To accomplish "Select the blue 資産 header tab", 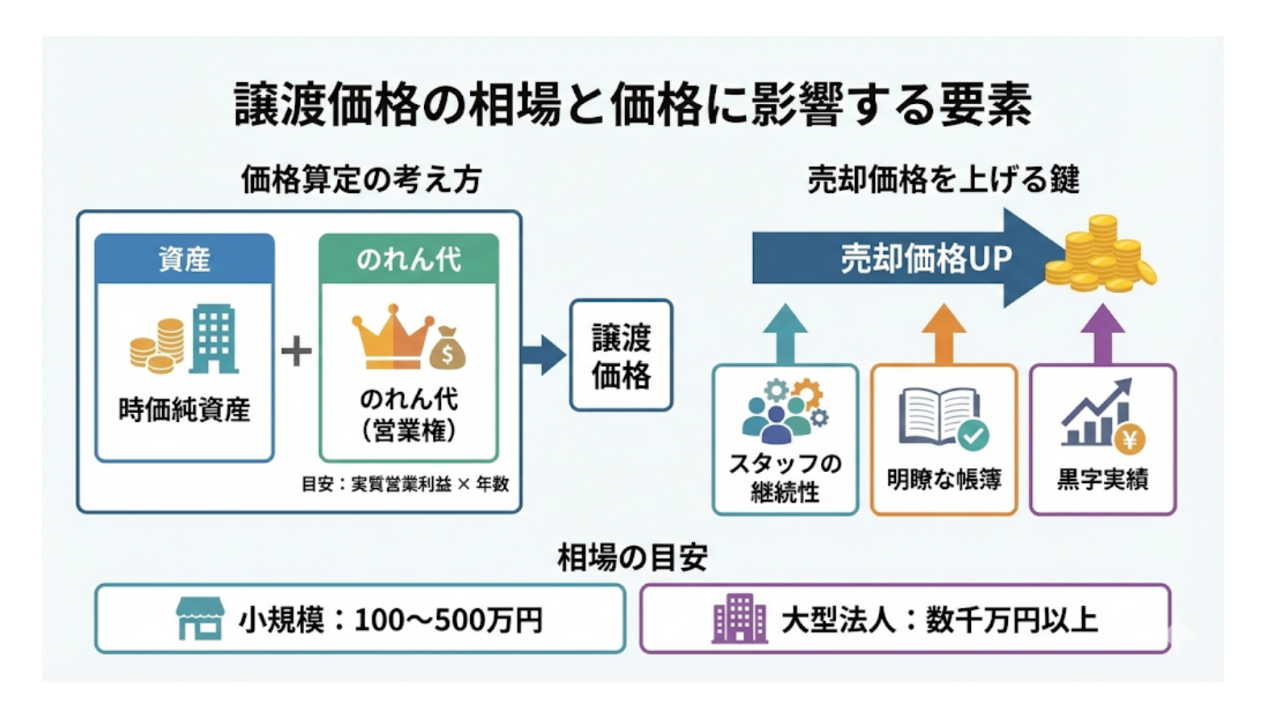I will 185,259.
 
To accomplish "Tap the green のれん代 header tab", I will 409,259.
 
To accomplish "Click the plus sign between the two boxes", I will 296,351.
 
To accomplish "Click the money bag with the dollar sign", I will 447,349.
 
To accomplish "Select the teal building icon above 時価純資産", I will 214,339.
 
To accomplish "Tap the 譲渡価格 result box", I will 621,356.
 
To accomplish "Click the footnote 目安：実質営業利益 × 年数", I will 405,484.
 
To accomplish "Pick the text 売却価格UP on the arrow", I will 926,258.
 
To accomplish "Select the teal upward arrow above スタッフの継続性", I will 785,333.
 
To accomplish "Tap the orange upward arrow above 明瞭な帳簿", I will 943,333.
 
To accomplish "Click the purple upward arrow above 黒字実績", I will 1102,333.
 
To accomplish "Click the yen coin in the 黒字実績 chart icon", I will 1129,440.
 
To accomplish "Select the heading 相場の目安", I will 632,557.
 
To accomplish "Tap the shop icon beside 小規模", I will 200,619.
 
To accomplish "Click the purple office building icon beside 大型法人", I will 739,619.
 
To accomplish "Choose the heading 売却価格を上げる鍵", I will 943,179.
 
